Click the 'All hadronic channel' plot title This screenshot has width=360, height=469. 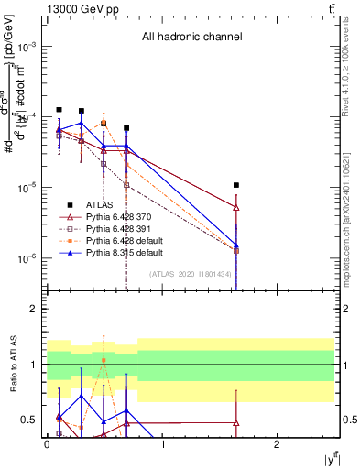(191, 38)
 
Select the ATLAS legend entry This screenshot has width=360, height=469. (99, 205)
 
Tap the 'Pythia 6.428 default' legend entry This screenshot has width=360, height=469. (124, 240)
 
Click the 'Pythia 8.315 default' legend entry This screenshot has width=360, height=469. (124, 252)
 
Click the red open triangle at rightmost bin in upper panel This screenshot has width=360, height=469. (236, 208)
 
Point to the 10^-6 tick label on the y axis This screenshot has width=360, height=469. (27, 258)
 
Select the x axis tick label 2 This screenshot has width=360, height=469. (277, 444)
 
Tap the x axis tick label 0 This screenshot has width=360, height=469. (47, 444)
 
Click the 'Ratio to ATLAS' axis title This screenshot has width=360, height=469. (12, 365)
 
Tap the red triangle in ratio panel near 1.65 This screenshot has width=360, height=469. (236, 423)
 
